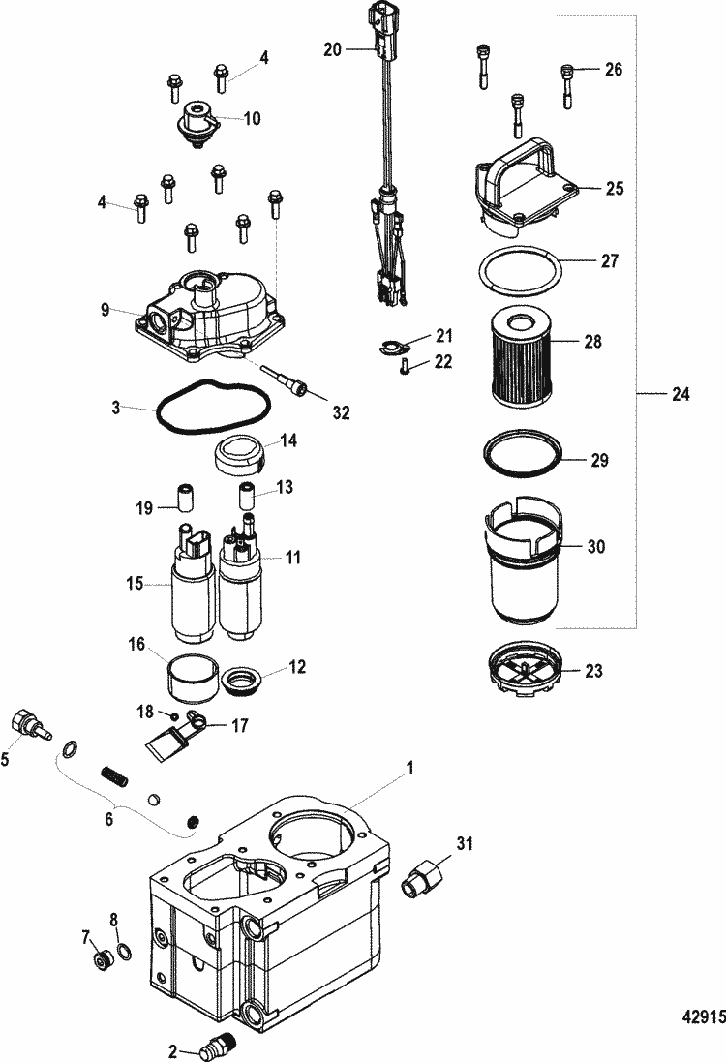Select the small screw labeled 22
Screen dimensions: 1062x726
(405, 365)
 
